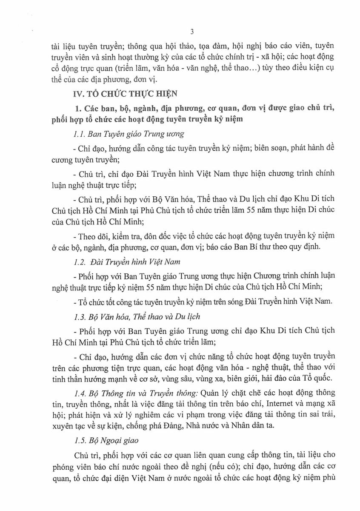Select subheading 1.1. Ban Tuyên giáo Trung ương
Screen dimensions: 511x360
[x=128, y=134]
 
